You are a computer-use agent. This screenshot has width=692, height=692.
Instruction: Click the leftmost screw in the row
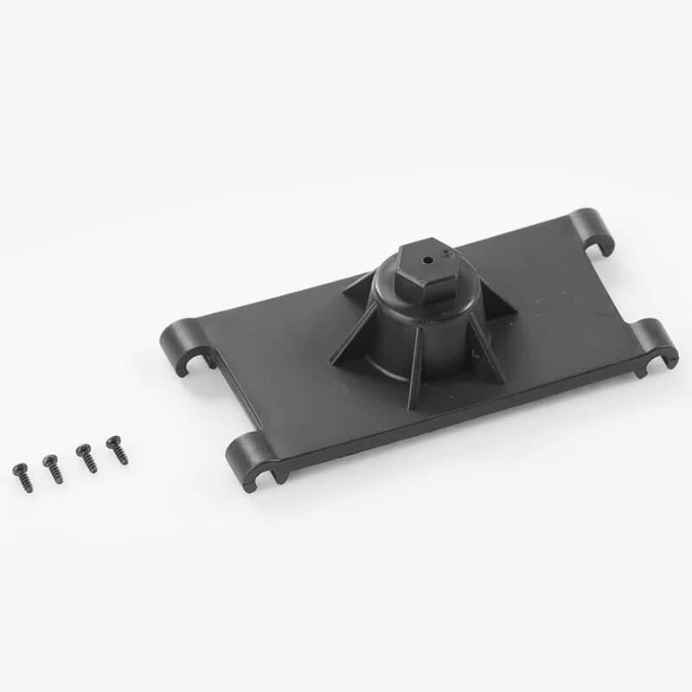pos(22,477)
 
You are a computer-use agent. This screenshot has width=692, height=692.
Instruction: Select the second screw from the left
pos(53,468)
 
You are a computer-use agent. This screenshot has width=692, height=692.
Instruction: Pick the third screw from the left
pos(86,458)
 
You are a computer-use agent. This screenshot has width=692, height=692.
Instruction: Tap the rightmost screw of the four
pos(117,450)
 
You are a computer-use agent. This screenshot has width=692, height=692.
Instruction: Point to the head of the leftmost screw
pos(17,469)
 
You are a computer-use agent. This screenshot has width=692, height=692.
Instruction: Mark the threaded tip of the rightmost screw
pos(124,460)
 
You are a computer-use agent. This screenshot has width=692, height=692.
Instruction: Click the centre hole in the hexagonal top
pos(427,257)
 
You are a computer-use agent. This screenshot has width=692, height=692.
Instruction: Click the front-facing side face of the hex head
pos(419,283)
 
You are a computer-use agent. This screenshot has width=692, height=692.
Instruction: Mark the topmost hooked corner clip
pos(593,230)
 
